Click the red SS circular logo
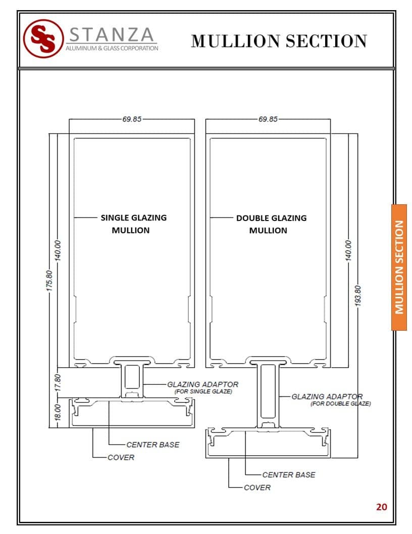43,38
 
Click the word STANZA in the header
112,34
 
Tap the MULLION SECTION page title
279,41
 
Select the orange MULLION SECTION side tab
399,268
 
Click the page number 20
381,507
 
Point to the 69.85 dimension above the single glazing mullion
132,119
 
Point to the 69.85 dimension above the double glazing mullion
268,119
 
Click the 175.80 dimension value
49,281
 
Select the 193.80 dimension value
357,296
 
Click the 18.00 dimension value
58,413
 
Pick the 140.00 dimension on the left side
58,251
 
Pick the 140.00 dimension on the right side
348,251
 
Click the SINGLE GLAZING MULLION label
133,224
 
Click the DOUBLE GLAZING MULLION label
271,224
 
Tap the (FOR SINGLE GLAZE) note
203,391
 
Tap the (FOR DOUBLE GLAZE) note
341,404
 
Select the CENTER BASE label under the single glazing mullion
153,445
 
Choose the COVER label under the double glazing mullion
257,487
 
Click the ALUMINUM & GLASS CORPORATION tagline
112,49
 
